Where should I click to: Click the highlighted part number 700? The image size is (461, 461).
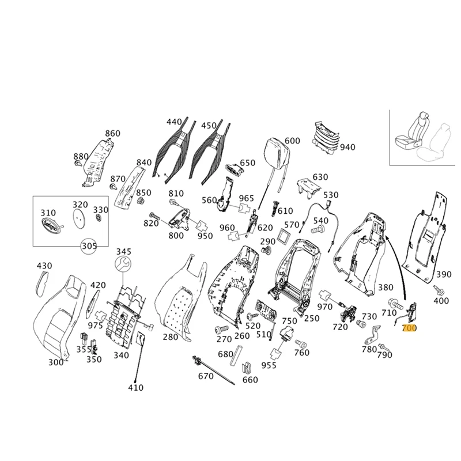(409, 328)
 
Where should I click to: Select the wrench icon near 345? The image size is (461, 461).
(123, 265)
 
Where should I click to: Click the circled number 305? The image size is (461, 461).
(89, 246)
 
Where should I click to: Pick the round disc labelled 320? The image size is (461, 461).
(80, 218)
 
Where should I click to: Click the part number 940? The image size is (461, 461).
(347, 147)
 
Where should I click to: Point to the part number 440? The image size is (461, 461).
(174, 122)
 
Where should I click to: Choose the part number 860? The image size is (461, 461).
(112, 134)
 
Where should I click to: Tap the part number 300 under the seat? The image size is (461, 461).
(56, 362)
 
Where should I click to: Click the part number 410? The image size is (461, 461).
(135, 388)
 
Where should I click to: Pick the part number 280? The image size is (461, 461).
(171, 337)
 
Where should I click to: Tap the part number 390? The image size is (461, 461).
(443, 274)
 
